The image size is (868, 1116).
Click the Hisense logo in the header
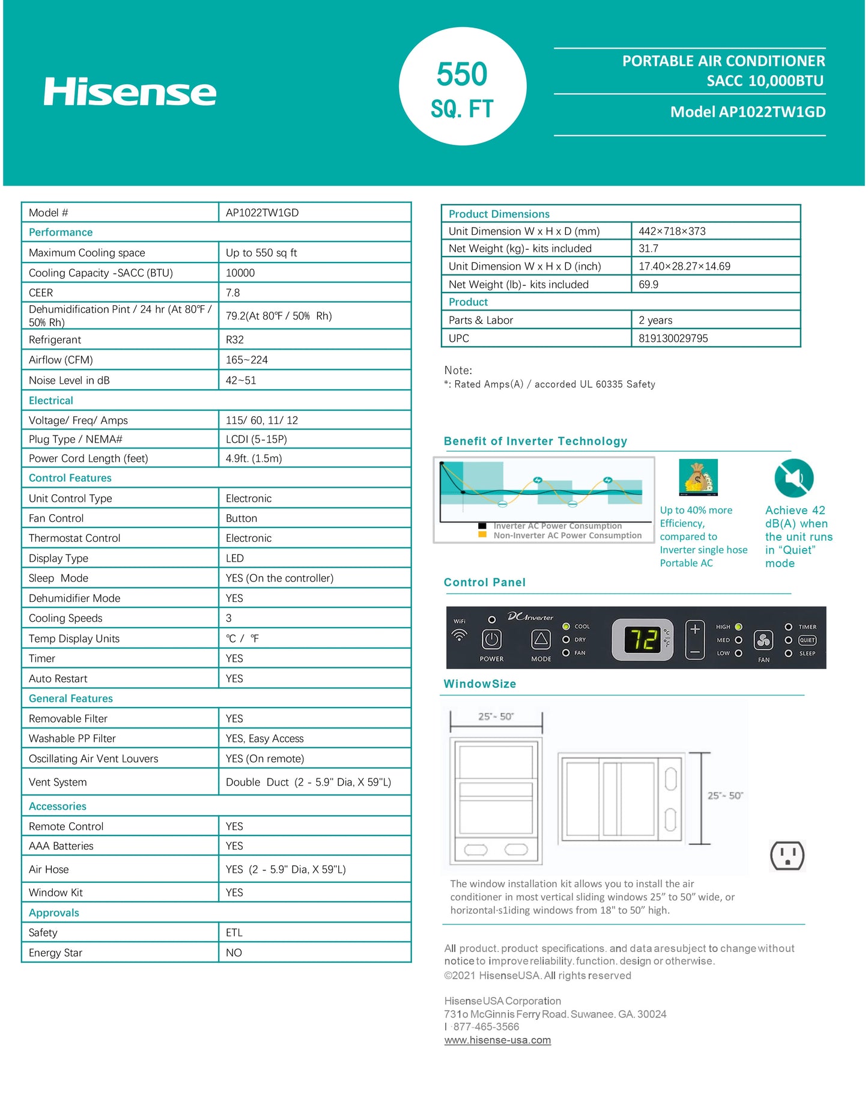pos(130,92)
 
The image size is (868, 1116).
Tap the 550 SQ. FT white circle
pos(463,86)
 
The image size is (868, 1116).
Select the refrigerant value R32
pos(235,340)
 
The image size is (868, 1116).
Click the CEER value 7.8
pos(233,293)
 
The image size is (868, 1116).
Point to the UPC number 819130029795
pos(673,339)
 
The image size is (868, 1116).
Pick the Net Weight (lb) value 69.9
pos(649,285)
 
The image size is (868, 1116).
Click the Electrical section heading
pos(51,401)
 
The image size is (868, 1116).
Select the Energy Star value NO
pos(234,953)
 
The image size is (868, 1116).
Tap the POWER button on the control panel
pos(491,640)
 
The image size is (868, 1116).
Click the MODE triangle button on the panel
pos(541,640)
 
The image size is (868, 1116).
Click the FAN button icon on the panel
pos(763,641)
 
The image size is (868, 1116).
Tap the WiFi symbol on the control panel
pos(460,634)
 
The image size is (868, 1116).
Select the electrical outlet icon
pos(787,855)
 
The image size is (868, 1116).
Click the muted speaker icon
pos(794,478)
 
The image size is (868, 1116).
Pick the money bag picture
pos(698,478)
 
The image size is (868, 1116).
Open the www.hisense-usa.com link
pos(497,1040)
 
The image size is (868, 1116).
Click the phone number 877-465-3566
pos(486,1027)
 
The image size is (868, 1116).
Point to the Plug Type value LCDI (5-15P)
pos(256,440)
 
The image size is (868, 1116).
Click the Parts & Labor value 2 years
pos(655,321)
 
